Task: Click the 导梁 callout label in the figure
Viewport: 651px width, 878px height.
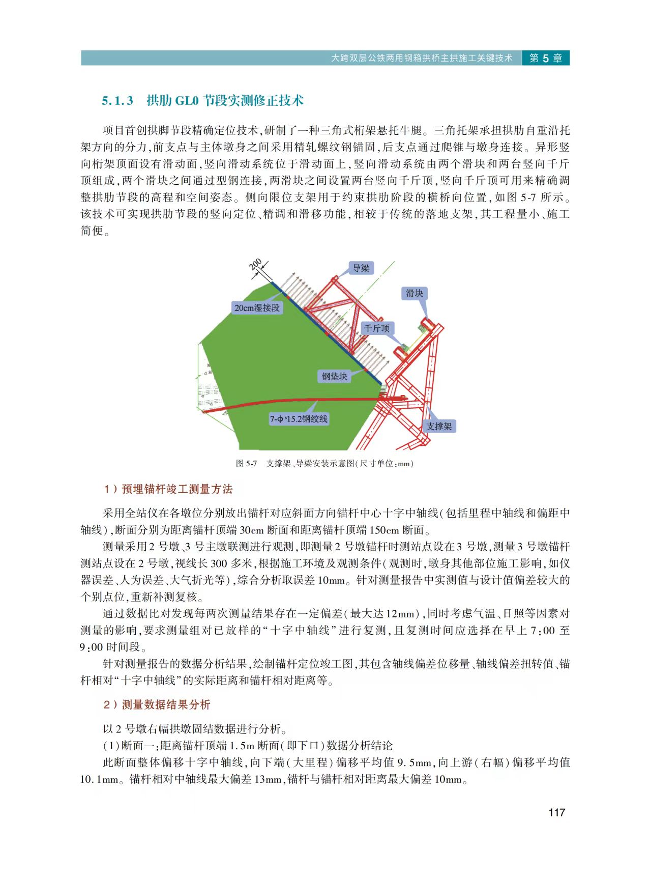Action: point(361,268)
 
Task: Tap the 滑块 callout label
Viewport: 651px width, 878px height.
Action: point(414,293)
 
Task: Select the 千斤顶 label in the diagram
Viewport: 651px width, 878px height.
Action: point(377,328)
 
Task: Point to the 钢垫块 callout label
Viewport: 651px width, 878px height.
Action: point(334,376)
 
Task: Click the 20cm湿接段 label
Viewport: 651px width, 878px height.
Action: point(257,307)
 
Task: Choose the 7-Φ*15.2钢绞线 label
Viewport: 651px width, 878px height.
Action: point(299,419)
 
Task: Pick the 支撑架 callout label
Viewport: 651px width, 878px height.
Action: point(438,426)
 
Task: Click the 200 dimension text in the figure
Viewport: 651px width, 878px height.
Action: point(256,265)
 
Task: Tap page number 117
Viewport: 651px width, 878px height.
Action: point(556,812)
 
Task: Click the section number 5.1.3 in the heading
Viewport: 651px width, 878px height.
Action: point(117,101)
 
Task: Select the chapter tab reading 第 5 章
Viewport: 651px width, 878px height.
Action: point(545,58)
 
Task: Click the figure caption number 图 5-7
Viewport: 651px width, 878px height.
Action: point(246,463)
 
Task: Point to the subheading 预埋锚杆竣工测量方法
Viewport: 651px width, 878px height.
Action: point(177,489)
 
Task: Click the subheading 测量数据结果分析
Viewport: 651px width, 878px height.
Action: point(166,704)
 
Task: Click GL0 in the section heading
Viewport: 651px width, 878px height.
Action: point(187,101)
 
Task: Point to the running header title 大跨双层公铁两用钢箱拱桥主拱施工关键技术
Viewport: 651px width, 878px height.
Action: point(422,58)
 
